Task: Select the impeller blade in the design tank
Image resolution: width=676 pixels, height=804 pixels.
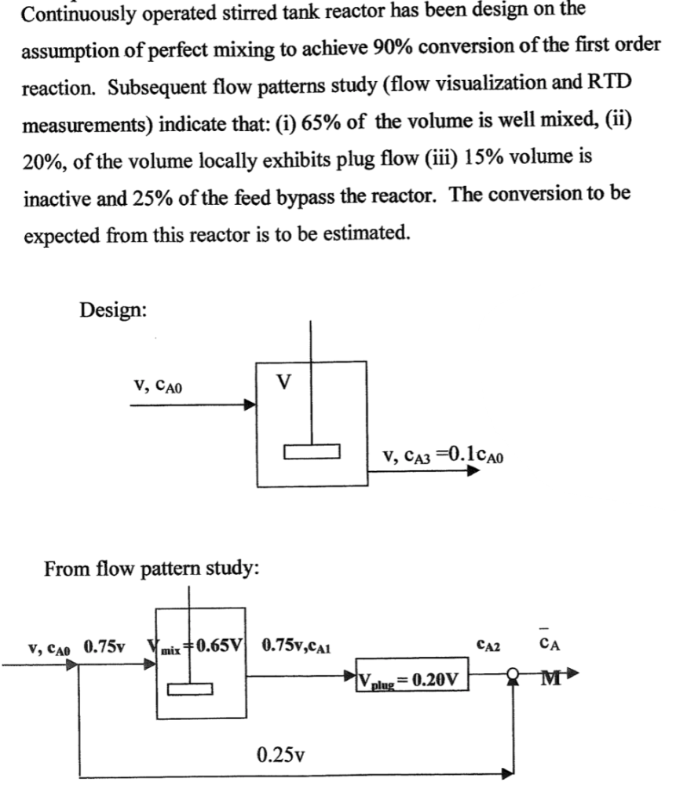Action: (x=312, y=452)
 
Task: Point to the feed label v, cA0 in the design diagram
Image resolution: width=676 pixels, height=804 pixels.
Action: (x=162, y=386)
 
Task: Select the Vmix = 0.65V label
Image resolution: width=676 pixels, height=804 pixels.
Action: (x=195, y=648)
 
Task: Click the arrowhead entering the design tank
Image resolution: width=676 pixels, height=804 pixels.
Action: (x=250, y=406)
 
